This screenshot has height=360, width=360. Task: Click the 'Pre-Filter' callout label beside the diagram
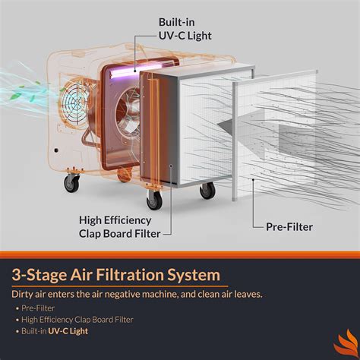click(289, 226)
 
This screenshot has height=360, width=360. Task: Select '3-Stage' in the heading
click(38, 274)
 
